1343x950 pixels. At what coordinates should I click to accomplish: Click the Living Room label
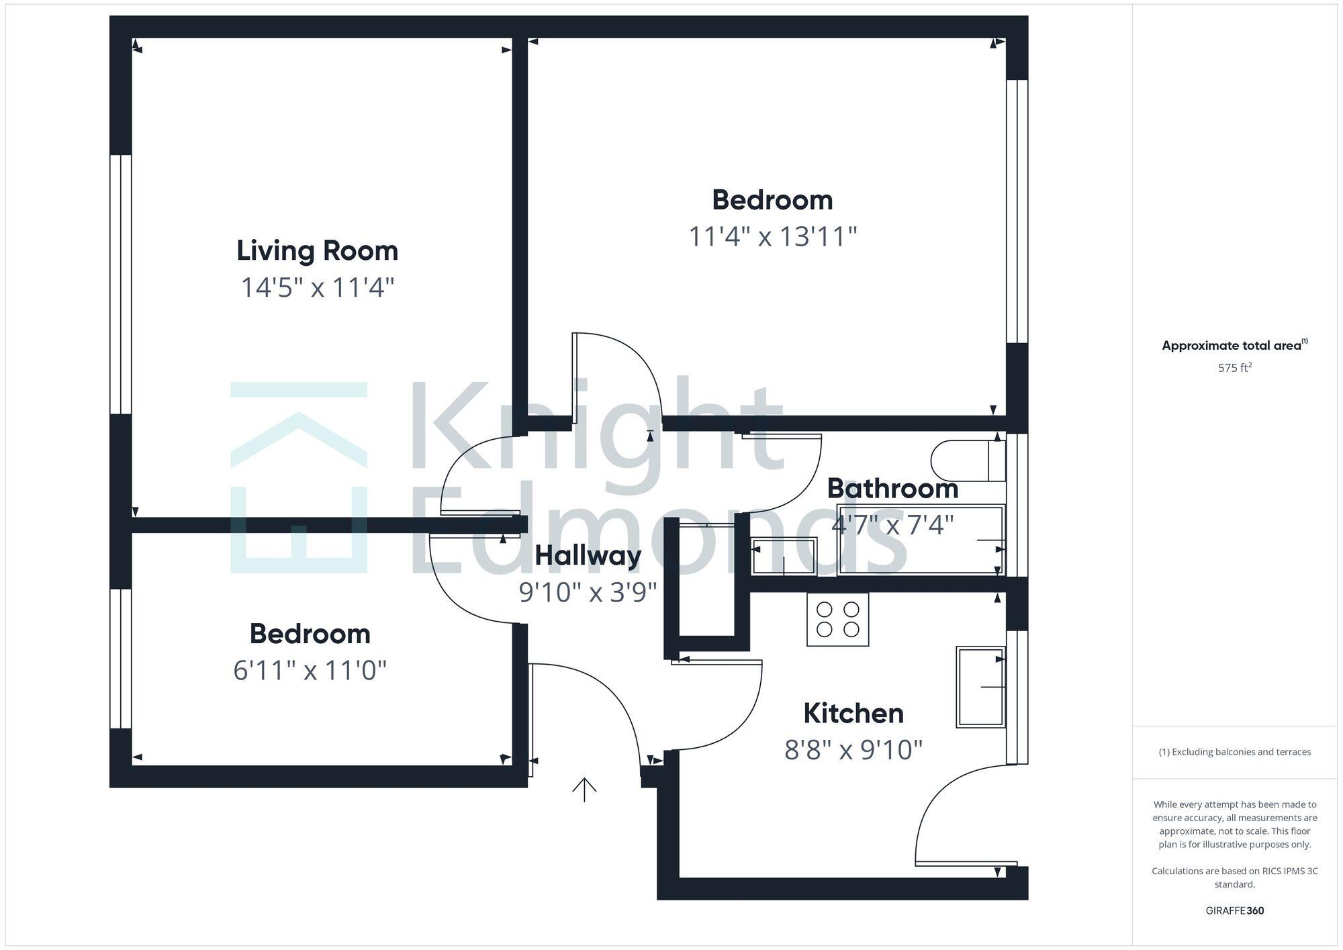point(317,251)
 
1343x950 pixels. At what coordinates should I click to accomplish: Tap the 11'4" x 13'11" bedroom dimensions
point(773,236)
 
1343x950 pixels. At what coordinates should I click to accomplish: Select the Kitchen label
point(853,713)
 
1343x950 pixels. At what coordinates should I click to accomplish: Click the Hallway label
point(588,555)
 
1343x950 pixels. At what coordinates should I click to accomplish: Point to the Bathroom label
point(892,488)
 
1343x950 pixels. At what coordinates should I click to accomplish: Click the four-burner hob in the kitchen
point(837,619)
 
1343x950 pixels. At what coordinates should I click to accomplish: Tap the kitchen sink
point(980,687)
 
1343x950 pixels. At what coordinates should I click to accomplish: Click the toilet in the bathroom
point(967,461)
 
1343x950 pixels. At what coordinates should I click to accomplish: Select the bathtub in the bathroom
point(921,540)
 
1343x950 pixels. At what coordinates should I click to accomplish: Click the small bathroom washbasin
point(784,557)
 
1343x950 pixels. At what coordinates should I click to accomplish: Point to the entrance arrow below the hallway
point(584,790)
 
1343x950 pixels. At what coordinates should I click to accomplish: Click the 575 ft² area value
point(1234,368)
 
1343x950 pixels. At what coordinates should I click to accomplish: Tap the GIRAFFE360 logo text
point(1234,910)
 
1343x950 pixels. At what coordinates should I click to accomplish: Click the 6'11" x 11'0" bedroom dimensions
point(310,670)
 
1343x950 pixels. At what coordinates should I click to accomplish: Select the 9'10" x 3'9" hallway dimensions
point(588,592)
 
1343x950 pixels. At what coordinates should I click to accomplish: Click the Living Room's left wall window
point(121,284)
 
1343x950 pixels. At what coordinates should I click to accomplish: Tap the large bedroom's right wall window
point(1017,211)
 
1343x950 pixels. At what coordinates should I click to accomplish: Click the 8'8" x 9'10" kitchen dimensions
point(853,749)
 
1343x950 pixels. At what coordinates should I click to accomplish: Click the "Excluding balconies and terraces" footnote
point(1234,752)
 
